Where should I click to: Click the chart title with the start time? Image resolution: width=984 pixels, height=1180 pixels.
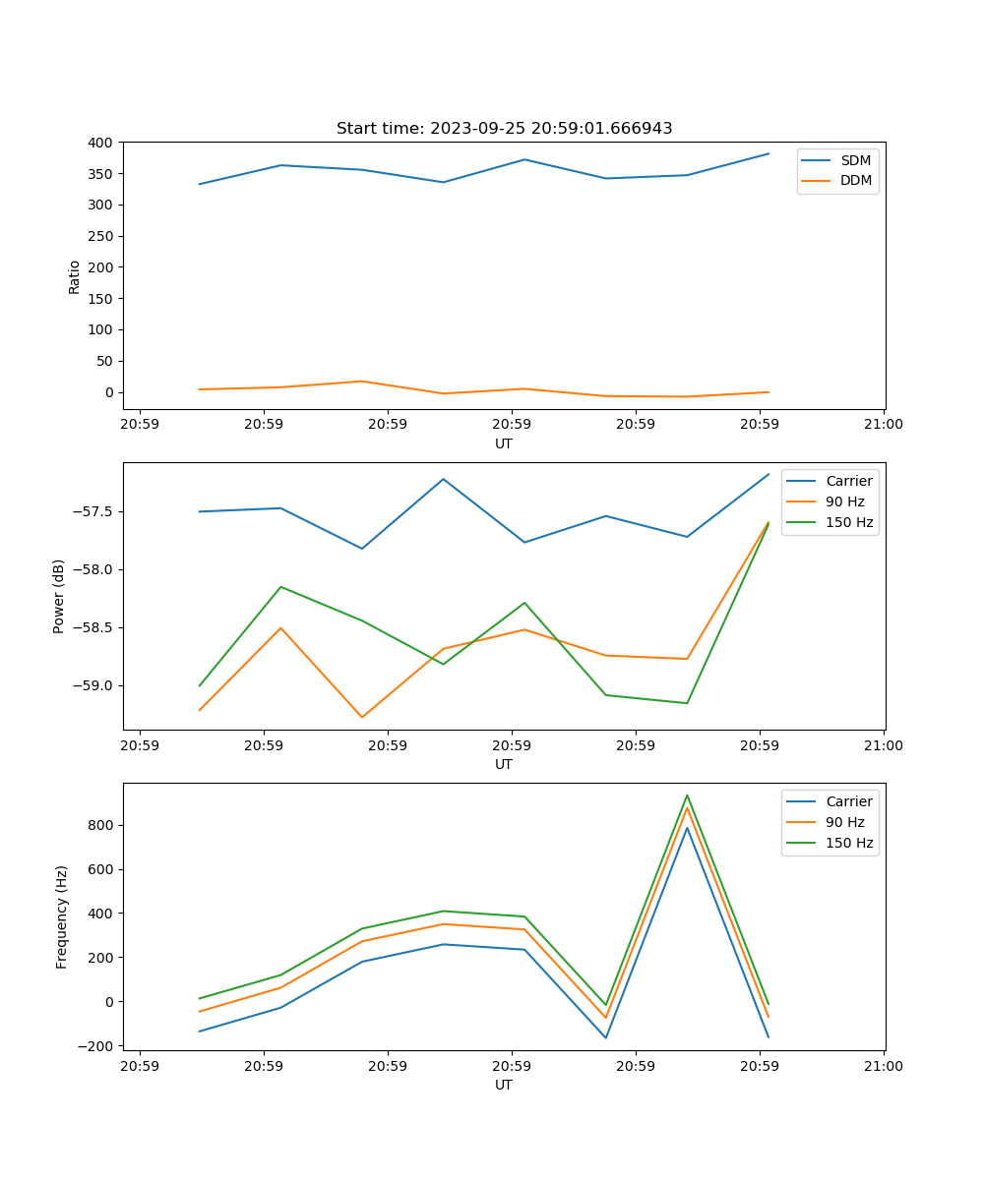pos(504,129)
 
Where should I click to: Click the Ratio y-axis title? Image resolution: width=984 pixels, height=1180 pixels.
pos(75,276)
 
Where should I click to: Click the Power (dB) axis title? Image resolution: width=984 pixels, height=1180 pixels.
pos(60,596)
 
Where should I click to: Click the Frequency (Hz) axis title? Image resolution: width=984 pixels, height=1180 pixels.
pos(62,916)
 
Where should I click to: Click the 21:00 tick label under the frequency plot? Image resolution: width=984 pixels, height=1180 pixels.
pos(883,1066)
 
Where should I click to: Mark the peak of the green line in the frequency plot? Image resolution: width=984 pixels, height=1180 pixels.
pos(687,796)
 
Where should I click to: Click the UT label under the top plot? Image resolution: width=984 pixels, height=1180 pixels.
pos(504,443)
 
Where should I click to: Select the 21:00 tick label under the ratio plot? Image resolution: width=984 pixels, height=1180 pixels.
pos(883,425)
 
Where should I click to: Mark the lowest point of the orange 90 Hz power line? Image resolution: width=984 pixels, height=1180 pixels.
pos(362,717)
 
